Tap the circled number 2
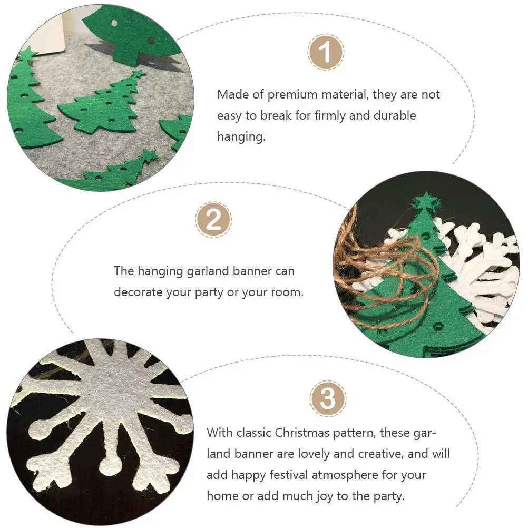[x=213, y=219]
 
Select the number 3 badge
[x=328, y=398]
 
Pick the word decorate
[x=138, y=291]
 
